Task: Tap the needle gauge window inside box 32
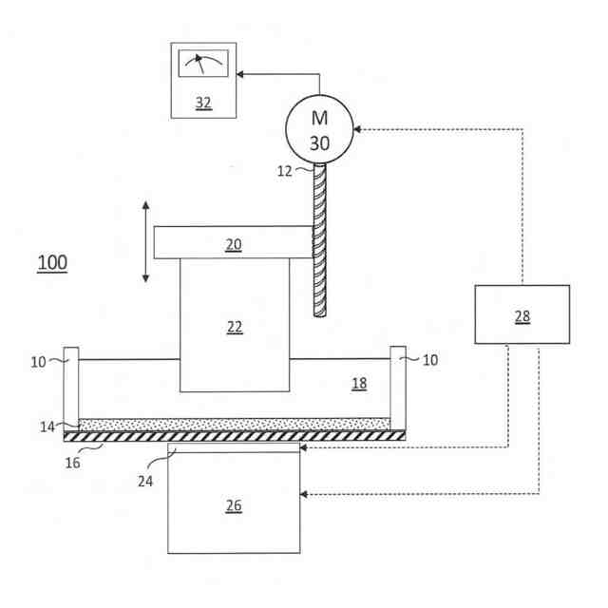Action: (x=203, y=66)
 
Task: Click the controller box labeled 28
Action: (x=522, y=314)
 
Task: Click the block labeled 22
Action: (x=235, y=325)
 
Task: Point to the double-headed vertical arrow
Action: (x=145, y=241)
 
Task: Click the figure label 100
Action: (x=52, y=262)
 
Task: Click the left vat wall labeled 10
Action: (x=70, y=389)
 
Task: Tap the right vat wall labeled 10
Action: (x=398, y=389)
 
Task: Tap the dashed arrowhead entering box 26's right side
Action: (x=304, y=494)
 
